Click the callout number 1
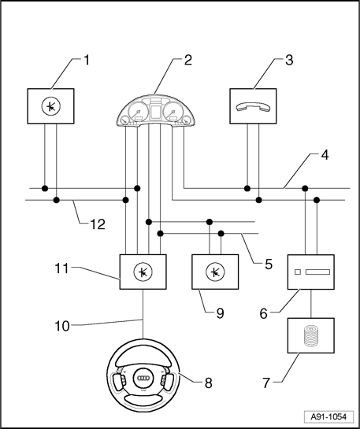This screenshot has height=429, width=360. (x=87, y=60)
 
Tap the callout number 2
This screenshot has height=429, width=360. (x=187, y=60)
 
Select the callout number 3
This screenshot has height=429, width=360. (x=289, y=60)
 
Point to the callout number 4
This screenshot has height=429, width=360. (x=325, y=155)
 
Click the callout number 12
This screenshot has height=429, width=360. (x=98, y=224)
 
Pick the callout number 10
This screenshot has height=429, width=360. (x=62, y=326)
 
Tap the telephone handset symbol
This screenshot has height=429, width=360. (x=253, y=106)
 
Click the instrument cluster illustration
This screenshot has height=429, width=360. (x=156, y=111)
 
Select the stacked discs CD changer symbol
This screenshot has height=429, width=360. (x=310, y=336)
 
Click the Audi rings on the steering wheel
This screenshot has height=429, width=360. (x=143, y=378)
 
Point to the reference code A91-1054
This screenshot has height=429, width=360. (x=328, y=417)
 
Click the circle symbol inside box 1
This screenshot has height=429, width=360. (x=51, y=106)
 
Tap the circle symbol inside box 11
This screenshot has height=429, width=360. (x=143, y=272)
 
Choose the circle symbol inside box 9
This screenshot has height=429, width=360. (x=215, y=272)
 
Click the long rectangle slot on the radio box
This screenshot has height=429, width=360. (x=317, y=272)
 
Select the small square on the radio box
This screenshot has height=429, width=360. (x=298, y=272)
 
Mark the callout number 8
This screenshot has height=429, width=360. (x=208, y=383)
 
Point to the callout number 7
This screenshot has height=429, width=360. (x=266, y=383)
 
